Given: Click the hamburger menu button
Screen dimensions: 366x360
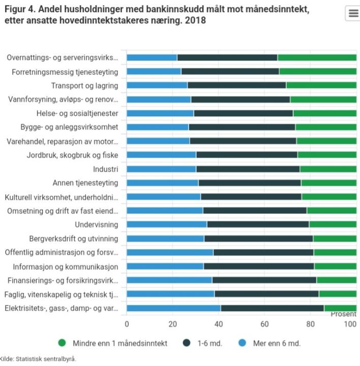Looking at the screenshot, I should point(352,14).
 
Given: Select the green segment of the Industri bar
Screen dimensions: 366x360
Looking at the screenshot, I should point(328,169).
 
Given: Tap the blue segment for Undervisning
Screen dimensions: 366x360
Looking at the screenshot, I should point(167,224).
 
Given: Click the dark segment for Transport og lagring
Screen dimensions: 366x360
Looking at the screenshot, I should point(236,85).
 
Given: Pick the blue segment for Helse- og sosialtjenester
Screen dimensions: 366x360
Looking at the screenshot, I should point(160,113).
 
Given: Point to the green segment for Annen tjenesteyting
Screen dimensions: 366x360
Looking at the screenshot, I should point(328,182).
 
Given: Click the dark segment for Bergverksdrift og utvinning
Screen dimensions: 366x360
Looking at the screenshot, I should point(258,238).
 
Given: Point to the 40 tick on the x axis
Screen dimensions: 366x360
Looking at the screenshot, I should point(219,324).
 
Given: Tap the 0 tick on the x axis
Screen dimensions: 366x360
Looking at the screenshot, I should point(127,324).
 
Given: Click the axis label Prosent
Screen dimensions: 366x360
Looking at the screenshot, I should point(343,314).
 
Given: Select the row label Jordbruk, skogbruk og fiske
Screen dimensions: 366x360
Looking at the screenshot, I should point(72,155).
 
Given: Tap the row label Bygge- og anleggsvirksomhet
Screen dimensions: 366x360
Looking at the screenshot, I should point(69,127).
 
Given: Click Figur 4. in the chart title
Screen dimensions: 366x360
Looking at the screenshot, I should point(20,9).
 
